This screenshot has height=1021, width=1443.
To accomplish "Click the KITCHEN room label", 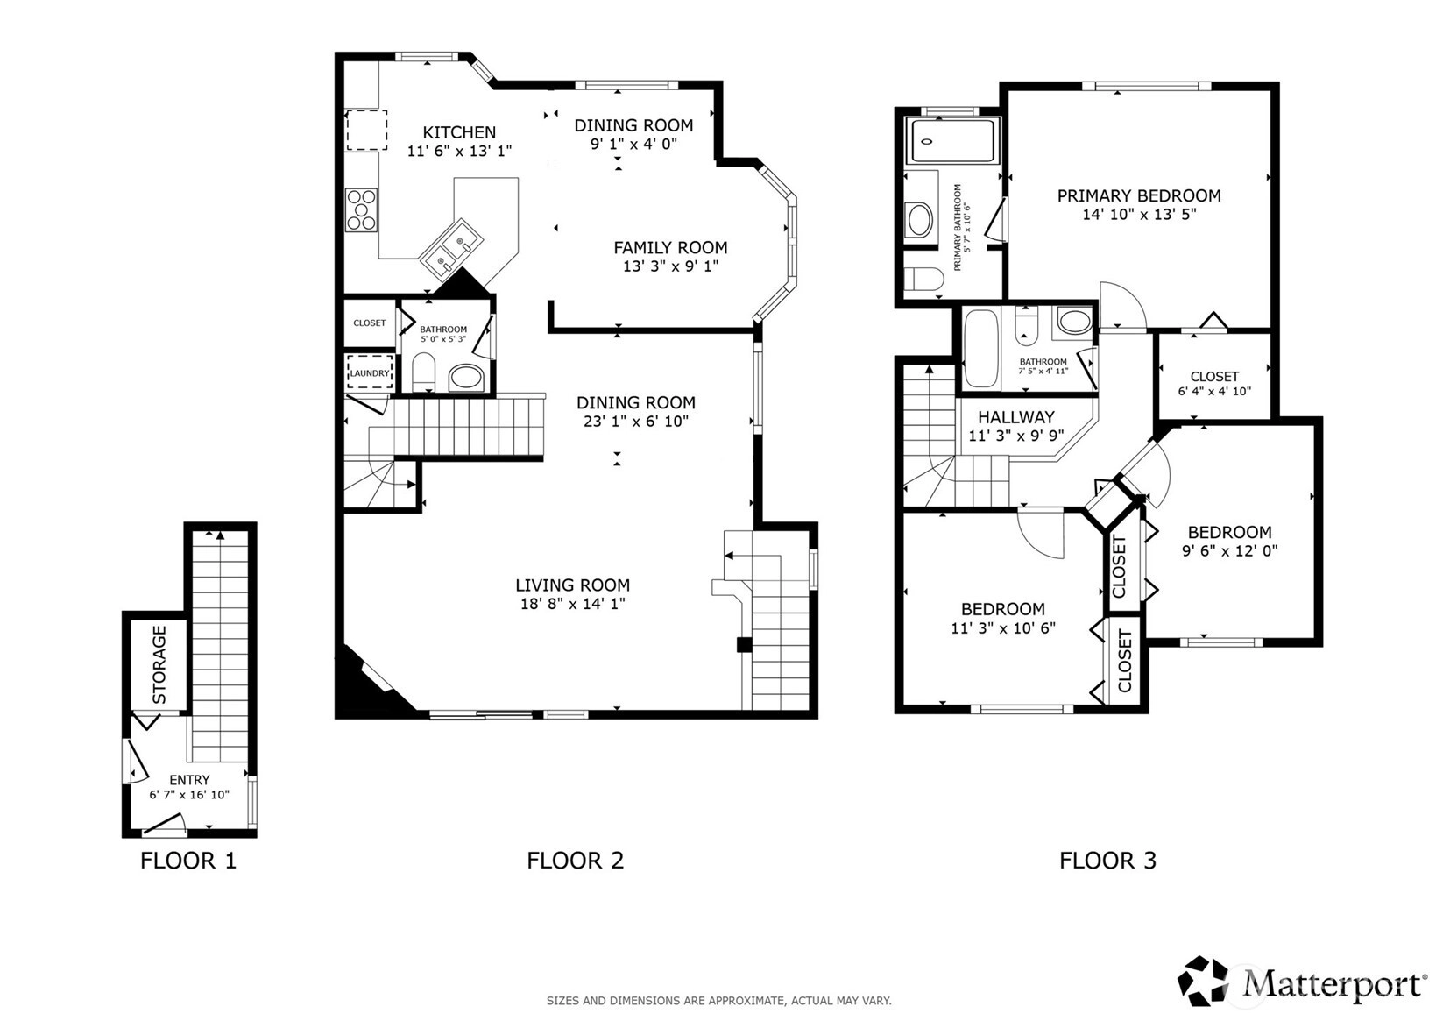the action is click(x=459, y=132).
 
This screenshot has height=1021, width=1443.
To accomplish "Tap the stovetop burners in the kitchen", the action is click(x=361, y=209).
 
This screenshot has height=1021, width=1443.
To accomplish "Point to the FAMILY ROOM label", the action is click(x=670, y=247).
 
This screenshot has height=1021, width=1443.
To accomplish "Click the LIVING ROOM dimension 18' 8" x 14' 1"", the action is click(x=573, y=604).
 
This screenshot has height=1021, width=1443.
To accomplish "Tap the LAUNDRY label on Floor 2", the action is click(x=369, y=373).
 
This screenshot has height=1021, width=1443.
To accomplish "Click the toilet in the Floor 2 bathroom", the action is click(x=423, y=372).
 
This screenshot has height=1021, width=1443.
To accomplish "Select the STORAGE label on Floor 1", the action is click(x=159, y=664).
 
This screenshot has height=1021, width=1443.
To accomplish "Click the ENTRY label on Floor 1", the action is click(x=188, y=780).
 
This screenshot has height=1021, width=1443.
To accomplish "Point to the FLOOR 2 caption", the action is click(x=576, y=861).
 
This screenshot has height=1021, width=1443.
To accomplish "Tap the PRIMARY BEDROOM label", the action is click(x=1139, y=195).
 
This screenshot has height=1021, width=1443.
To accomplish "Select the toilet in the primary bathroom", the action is click(x=923, y=279).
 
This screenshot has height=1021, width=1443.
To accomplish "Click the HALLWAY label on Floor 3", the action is click(x=1016, y=417).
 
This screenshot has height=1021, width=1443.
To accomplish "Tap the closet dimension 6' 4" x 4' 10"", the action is click(x=1214, y=391).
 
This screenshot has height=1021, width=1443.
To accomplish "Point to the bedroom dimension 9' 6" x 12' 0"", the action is click(x=1230, y=551).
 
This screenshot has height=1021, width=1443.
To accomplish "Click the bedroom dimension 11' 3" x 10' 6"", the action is click(x=1003, y=627).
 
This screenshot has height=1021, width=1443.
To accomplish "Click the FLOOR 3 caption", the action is click(x=1108, y=861).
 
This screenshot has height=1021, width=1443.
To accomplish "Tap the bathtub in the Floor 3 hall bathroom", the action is click(x=980, y=348).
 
